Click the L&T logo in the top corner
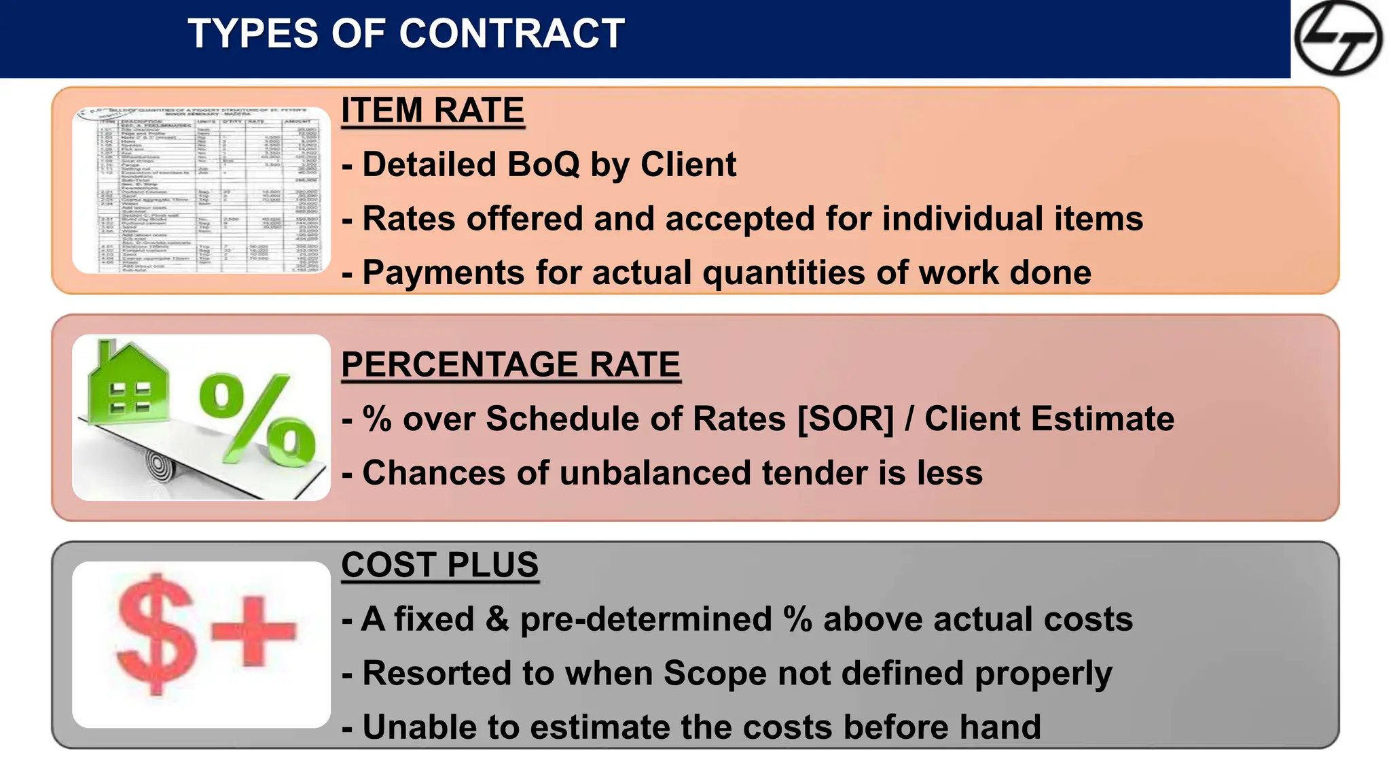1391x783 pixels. (x=1337, y=38)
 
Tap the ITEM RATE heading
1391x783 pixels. (x=433, y=111)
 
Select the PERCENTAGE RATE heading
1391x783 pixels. (x=510, y=365)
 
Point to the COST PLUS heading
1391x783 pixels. (x=439, y=565)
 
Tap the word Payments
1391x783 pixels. (x=444, y=273)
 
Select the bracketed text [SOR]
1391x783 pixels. (x=845, y=419)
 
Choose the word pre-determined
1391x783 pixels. (x=646, y=619)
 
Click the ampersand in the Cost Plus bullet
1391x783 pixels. (x=497, y=619)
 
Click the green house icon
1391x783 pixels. (x=128, y=385)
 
